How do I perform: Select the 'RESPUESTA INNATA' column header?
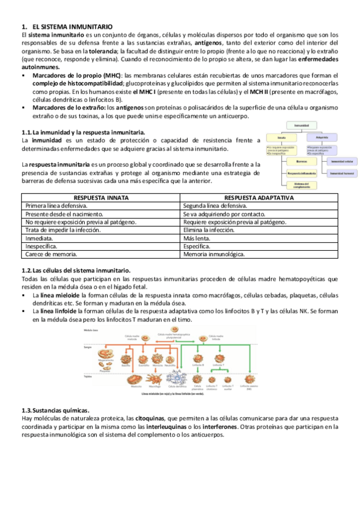point(100,197)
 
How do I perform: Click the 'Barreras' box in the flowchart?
point(301,161)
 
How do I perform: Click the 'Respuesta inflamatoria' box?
point(301,173)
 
